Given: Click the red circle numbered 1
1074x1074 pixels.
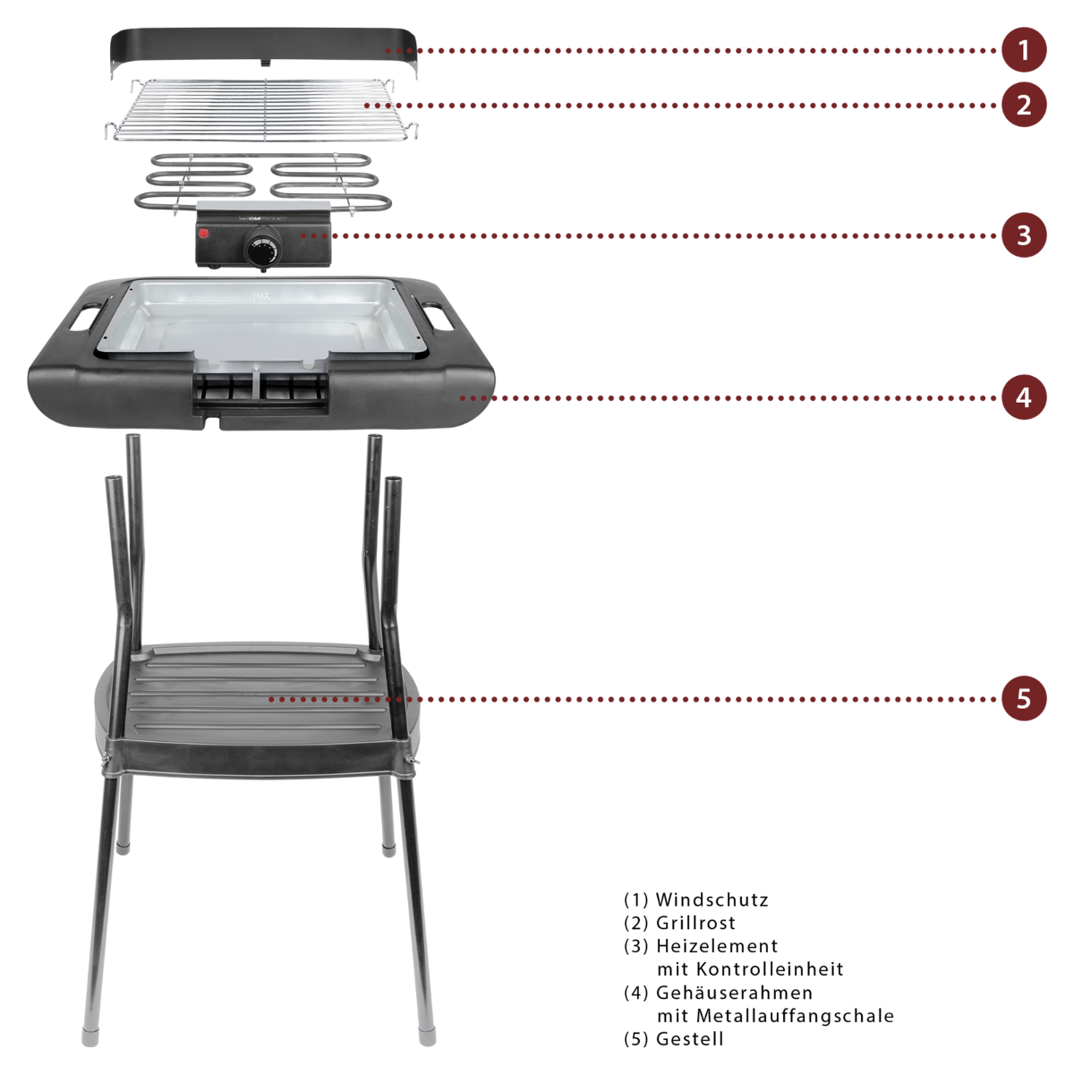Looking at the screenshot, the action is pyautogui.click(x=1024, y=50).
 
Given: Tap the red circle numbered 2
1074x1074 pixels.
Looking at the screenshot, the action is pyautogui.click(x=1024, y=105).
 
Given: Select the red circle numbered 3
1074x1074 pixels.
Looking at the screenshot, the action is pyautogui.click(x=1024, y=235).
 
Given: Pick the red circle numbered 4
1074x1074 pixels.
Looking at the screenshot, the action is pyautogui.click(x=1024, y=397).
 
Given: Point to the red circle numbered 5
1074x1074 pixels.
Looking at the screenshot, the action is pyautogui.click(x=1024, y=698).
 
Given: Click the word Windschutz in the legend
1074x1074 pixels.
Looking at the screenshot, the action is pyautogui.click(x=712, y=900).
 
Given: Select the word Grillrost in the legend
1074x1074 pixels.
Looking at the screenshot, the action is pyautogui.click(x=695, y=923).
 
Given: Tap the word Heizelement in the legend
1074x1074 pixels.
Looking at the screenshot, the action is pyautogui.click(x=717, y=946).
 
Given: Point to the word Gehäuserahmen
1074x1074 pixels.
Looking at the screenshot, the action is pyautogui.click(x=734, y=993).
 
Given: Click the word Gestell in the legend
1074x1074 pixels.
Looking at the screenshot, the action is pyautogui.click(x=689, y=1039).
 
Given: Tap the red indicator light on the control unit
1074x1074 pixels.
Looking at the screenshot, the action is pyautogui.click(x=204, y=234).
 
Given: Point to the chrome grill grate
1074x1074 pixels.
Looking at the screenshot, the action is pyautogui.click(x=260, y=109).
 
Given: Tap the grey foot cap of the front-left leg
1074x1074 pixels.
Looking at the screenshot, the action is pyautogui.click(x=90, y=1036).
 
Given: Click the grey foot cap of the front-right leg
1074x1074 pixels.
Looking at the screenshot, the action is pyautogui.click(x=427, y=1036).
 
